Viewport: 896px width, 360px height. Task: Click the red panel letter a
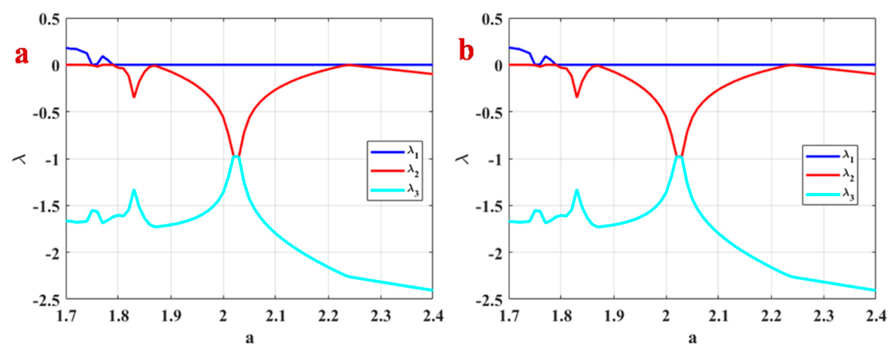(x=21, y=55)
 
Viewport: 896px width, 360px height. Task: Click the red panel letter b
(x=466, y=51)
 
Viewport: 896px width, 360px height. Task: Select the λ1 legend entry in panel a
(x=395, y=152)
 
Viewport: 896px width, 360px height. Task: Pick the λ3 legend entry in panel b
(x=830, y=195)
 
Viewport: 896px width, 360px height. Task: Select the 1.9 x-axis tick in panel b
(x=614, y=316)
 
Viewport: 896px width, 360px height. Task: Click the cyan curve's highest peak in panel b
(x=679, y=156)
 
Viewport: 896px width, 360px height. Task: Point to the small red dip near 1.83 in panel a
(x=134, y=97)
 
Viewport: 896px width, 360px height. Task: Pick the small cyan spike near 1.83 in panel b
(x=577, y=190)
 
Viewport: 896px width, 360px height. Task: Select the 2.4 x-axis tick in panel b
(x=875, y=316)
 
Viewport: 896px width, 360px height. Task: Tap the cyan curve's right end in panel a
(x=432, y=290)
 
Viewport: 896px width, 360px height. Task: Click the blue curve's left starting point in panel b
(x=510, y=47)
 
